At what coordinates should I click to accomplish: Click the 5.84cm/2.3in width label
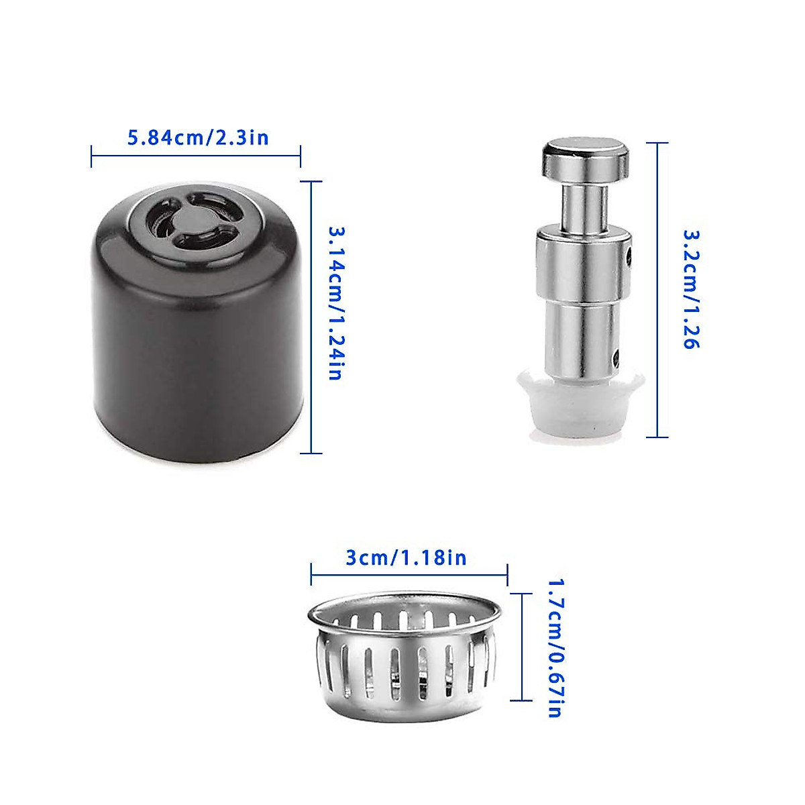click(198, 138)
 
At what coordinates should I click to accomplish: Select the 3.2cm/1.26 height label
click(691, 289)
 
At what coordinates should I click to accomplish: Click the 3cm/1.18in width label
click(406, 557)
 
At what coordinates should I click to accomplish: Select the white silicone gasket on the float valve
click(580, 406)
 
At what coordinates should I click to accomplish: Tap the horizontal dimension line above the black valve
click(195, 156)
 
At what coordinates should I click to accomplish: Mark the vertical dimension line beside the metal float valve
click(657, 289)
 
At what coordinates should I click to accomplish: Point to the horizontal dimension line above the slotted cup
click(409, 574)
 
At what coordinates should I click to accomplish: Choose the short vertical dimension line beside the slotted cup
click(521, 647)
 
